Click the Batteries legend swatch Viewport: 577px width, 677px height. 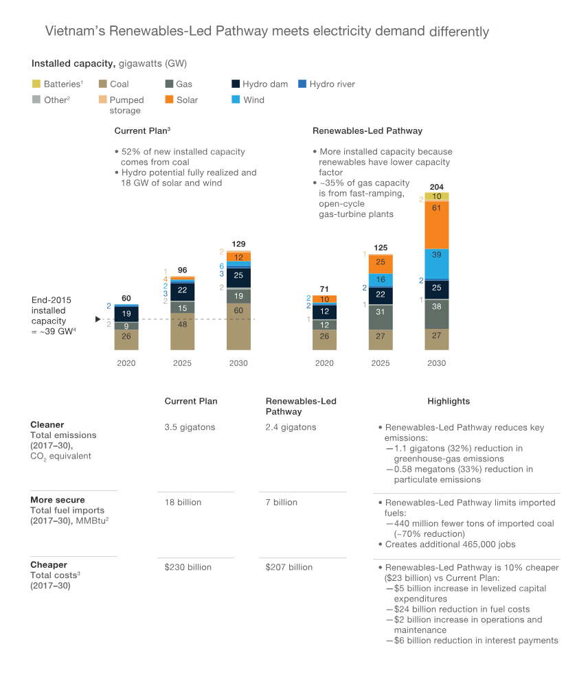[x=36, y=84]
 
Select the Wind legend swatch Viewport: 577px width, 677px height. [x=236, y=100]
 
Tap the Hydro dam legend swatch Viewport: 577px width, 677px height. [x=236, y=84]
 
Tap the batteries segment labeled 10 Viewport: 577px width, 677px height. [x=436, y=196]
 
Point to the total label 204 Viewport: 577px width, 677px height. [x=436, y=187]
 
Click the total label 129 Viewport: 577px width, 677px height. [x=238, y=244]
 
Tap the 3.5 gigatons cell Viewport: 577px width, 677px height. [x=190, y=427]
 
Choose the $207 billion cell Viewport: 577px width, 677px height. [x=289, y=567]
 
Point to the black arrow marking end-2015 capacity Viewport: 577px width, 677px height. [x=98, y=319]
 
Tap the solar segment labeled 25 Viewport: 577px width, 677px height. [x=380, y=263]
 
